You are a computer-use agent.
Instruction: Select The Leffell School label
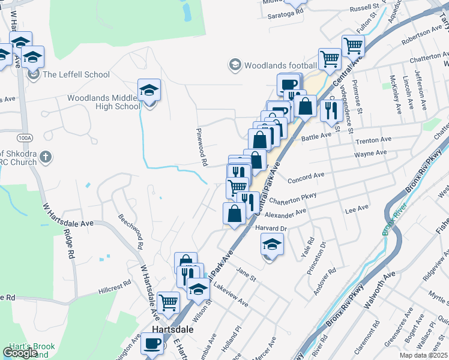click(76, 74)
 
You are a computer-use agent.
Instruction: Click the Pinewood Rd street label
click(202, 147)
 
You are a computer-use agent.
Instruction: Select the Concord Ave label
click(306, 178)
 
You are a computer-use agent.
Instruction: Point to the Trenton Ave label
click(373, 140)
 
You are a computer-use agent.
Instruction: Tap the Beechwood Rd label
click(130, 231)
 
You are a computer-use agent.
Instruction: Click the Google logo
click(20, 353)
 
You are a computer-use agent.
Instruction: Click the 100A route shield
click(25, 137)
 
